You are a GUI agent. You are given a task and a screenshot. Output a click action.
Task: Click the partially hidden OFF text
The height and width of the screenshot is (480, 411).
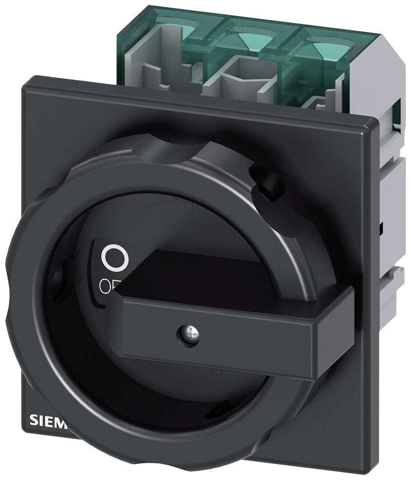tap(106, 287)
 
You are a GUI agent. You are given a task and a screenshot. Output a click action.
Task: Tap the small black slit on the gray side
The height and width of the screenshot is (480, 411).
tap(382, 226)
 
